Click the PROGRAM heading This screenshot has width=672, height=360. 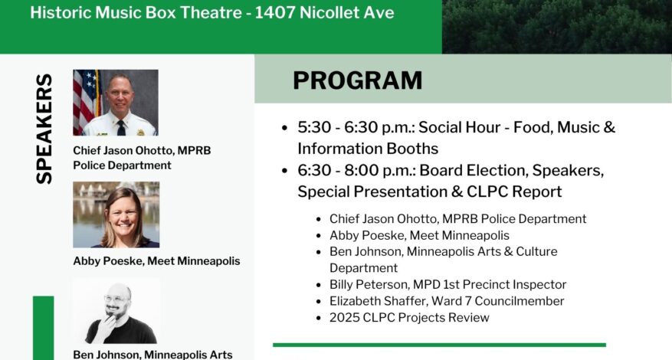(x=357, y=80)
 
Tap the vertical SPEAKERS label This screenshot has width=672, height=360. (x=44, y=129)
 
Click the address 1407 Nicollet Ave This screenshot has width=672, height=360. (x=324, y=12)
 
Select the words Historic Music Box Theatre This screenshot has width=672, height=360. (x=136, y=12)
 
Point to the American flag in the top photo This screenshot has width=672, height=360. (x=86, y=102)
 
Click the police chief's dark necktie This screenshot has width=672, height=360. (x=121, y=127)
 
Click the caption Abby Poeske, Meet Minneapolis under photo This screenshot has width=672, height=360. (x=156, y=261)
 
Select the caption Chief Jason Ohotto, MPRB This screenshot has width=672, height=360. (x=142, y=150)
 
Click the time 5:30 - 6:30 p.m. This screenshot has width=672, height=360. (x=356, y=127)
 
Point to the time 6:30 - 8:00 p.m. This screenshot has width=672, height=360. (x=356, y=170)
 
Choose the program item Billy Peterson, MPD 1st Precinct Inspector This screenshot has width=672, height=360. (x=447, y=284)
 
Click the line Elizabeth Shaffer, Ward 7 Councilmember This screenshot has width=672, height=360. (x=447, y=301)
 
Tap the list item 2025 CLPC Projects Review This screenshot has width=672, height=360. (x=409, y=318)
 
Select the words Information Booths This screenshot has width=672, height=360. (x=368, y=149)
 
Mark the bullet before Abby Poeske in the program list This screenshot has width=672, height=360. (x=319, y=236)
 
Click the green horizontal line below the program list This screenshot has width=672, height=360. (x=439, y=345)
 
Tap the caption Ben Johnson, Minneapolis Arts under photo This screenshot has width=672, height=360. (x=152, y=355)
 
